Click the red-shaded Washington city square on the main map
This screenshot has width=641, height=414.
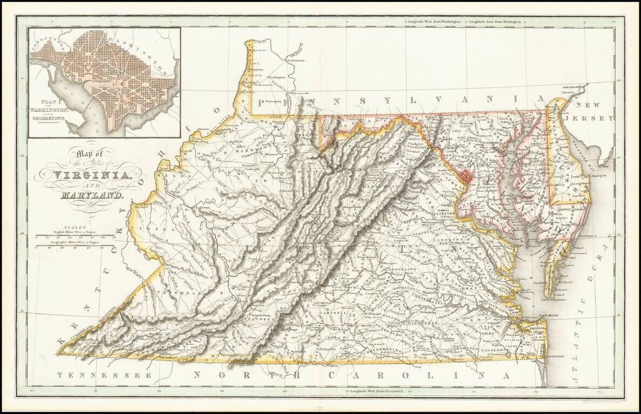pos(466,175)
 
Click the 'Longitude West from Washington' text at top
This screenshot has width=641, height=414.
pos(435,22)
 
